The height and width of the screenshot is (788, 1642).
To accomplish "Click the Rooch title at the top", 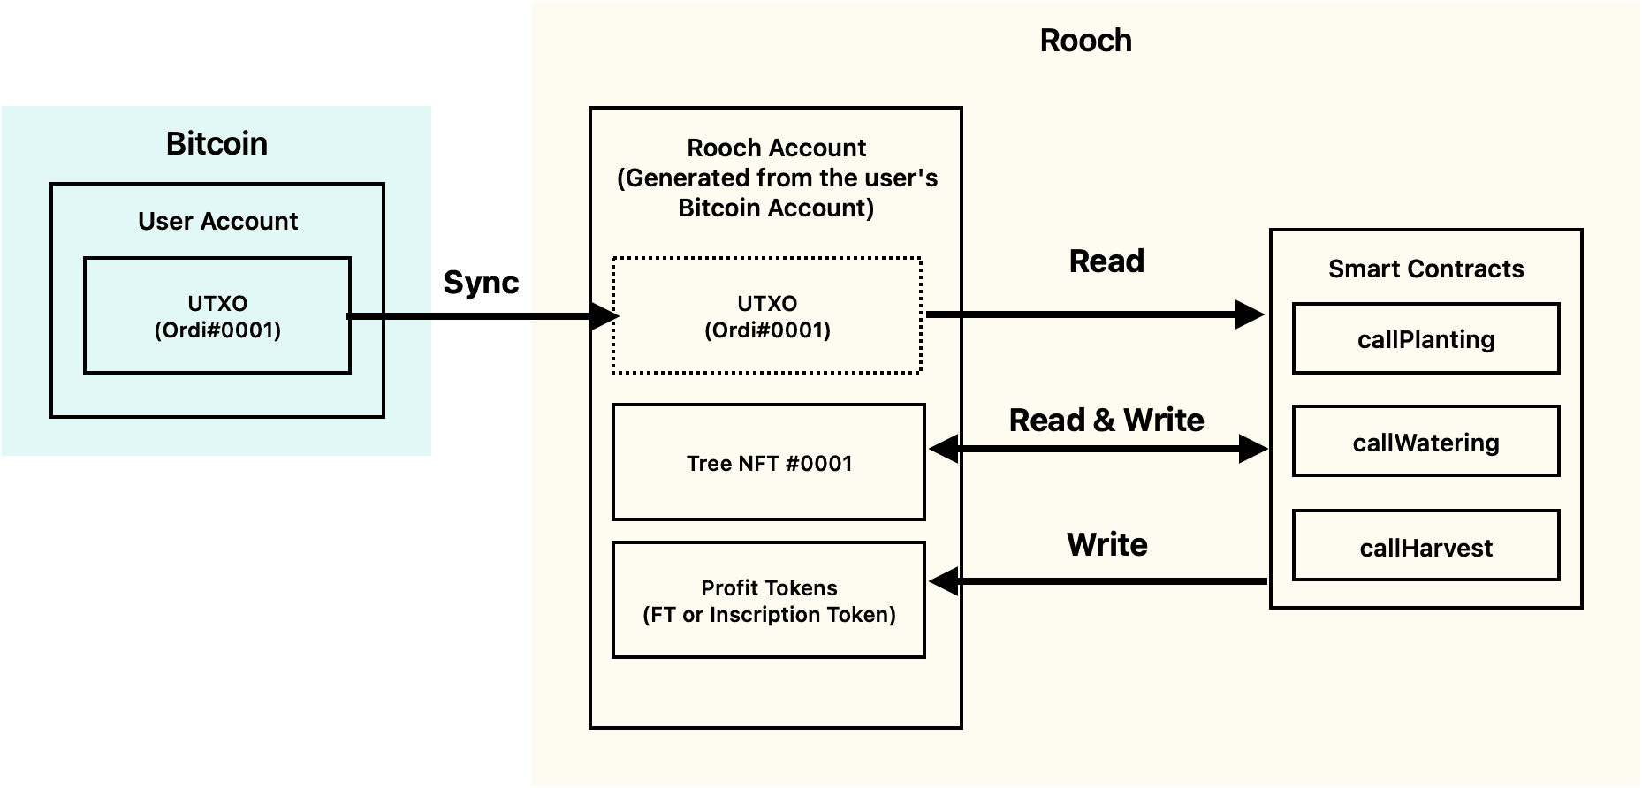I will [x=1085, y=41].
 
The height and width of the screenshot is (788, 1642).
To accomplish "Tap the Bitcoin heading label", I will [x=217, y=143].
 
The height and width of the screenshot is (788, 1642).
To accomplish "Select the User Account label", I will [x=217, y=221].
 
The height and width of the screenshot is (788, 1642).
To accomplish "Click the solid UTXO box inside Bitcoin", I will [x=217, y=315].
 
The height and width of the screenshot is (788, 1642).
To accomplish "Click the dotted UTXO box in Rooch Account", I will [x=767, y=315].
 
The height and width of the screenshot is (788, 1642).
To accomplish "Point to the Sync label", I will [x=480, y=282].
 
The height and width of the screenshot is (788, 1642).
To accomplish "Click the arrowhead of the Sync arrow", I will [x=604, y=315].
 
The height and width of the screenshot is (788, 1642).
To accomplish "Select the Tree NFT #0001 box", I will [x=768, y=462].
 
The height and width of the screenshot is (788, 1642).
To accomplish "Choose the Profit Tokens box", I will [x=768, y=600].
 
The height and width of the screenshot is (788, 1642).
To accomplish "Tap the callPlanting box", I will [x=1425, y=338].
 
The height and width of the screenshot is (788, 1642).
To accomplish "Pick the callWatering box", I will [x=1425, y=442].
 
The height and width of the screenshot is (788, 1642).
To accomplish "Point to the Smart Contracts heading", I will [x=1425, y=269].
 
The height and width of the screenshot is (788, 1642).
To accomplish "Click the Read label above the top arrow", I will [x=1106, y=261].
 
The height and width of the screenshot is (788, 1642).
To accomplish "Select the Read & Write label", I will [x=1106, y=420].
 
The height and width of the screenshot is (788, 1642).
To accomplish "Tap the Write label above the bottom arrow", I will [x=1106, y=544].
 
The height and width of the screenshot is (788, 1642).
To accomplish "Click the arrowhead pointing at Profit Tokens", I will [x=944, y=581].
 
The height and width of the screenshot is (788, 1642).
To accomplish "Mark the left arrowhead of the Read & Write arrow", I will [x=944, y=449].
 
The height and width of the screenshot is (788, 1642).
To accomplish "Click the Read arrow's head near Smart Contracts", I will [x=1250, y=314].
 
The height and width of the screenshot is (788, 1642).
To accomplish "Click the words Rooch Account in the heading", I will [x=776, y=148].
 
